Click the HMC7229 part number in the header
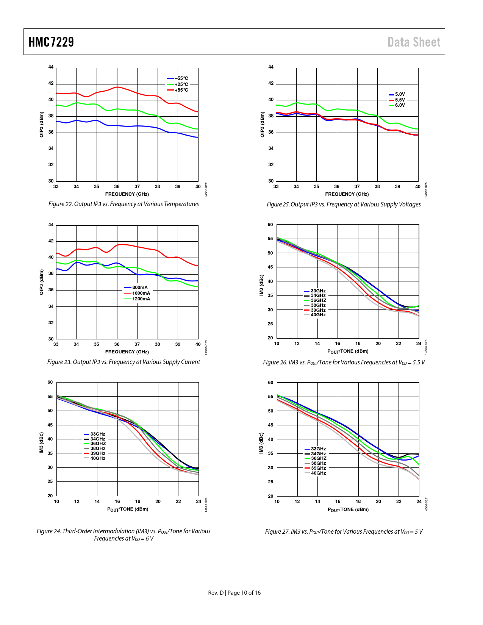click(x=51, y=42)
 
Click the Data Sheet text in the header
click(x=414, y=42)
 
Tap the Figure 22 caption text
click(x=123, y=204)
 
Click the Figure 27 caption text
click(x=344, y=532)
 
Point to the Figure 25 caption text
click(x=344, y=205)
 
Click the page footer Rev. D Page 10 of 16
click(x=234, y=593)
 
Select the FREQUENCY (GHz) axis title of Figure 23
click(x=127, y=352)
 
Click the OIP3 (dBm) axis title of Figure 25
click(x=262, y=124)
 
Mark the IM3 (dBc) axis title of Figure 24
click(x=41, y=443)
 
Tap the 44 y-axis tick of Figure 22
click(x=51, y=67)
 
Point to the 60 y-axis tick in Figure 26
click(x=270, y=225)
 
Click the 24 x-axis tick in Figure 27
click(x=419, y=502)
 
